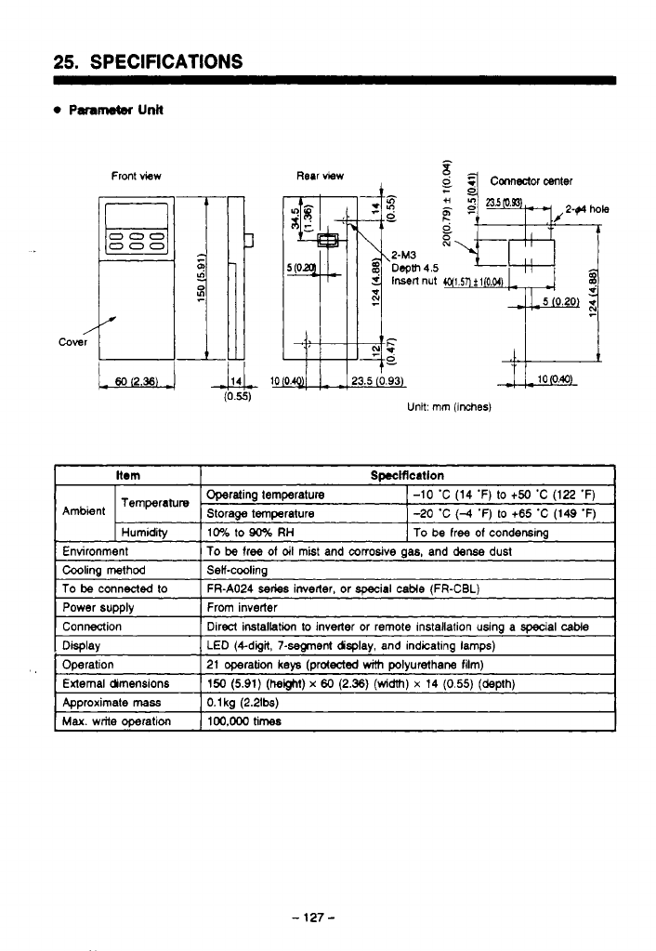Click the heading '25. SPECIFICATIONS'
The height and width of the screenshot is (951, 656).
click(x=149, y=62)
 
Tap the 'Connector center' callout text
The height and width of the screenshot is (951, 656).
click(x=531, y=180)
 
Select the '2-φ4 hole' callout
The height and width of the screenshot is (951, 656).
click(x=586, y=209)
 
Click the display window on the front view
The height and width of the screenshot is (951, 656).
click(x=137, y=218)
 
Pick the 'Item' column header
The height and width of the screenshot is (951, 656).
click(x=127, y=475)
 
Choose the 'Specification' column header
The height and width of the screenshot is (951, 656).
click(x=407, y=475)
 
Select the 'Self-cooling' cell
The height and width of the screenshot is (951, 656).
click(x=237, y=570)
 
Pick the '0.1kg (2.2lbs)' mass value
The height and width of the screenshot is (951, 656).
click(x=243, y=703)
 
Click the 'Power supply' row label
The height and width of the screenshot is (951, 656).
click(x=98, y=608)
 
